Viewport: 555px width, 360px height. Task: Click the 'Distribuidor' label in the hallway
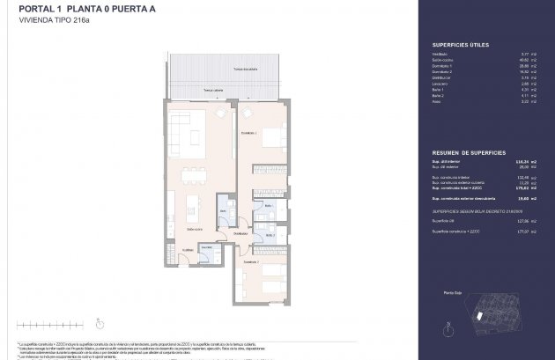click(x=240, y=233)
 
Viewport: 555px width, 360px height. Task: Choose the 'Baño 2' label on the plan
click(x=271, y=236)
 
